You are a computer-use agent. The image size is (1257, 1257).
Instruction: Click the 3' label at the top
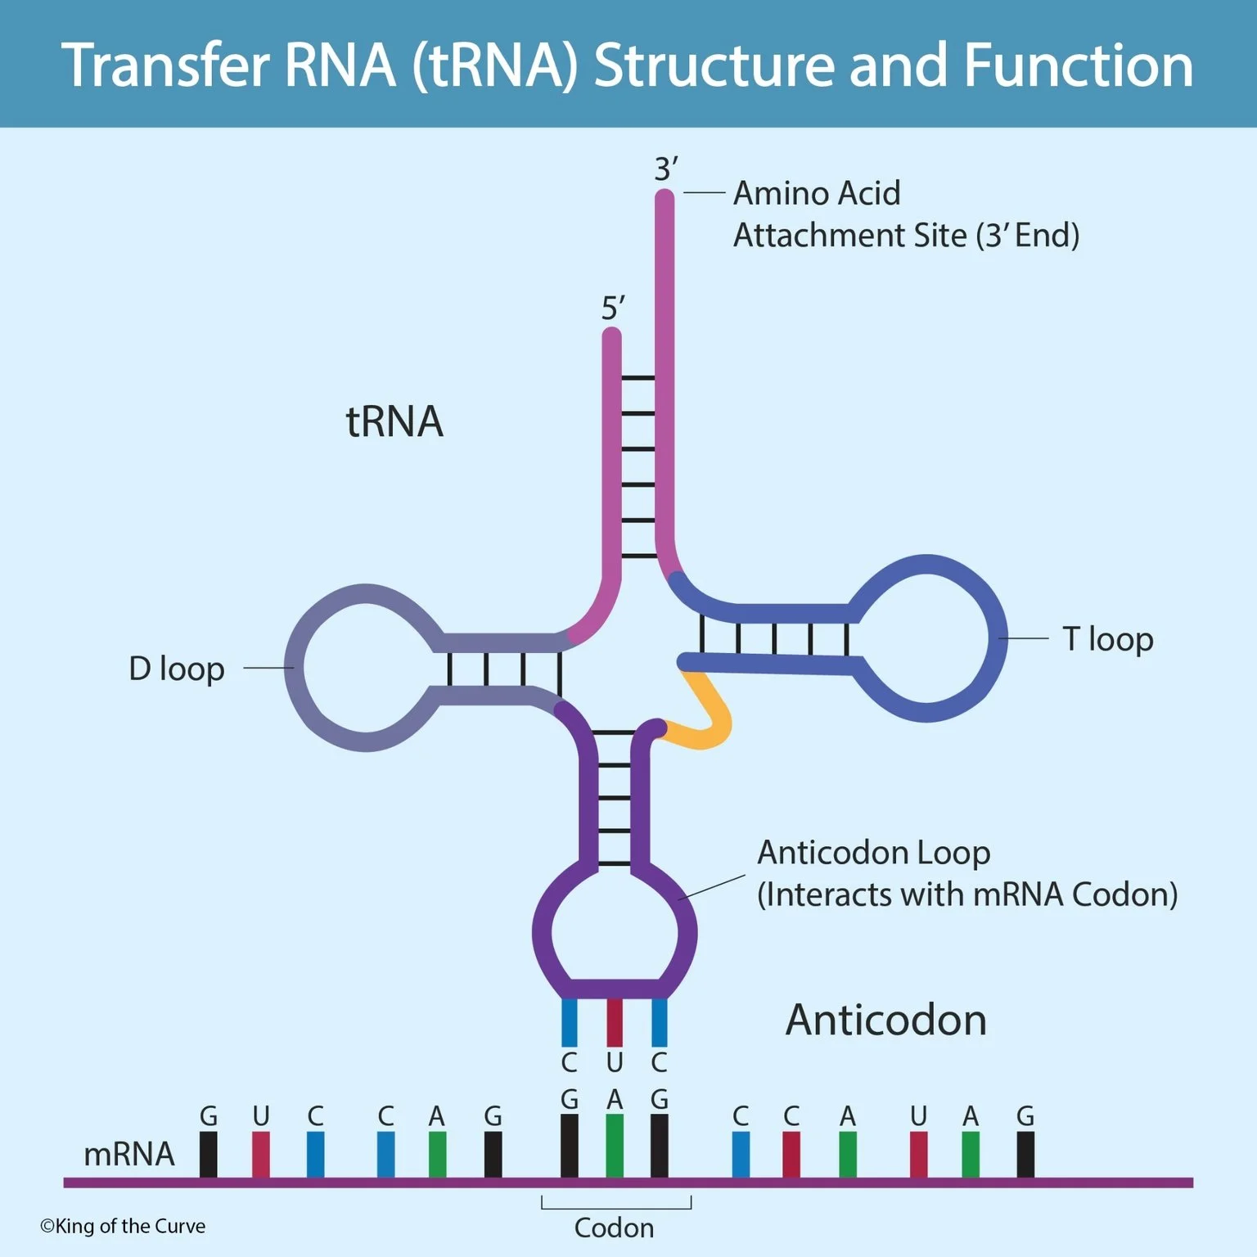665,169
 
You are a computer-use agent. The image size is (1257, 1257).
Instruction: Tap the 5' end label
612,309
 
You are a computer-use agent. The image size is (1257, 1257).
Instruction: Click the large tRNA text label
394,422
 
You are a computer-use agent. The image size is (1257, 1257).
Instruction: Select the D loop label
177,669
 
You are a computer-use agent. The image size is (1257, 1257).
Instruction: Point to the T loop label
1107,639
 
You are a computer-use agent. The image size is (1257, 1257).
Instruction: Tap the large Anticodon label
885,1020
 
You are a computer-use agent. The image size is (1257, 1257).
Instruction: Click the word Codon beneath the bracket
614,1228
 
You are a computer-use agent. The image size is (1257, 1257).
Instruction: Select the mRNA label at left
129,1154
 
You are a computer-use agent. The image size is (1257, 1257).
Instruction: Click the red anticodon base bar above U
614,1023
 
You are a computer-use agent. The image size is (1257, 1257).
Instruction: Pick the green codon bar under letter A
614,1146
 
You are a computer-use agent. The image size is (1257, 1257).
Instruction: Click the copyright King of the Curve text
123,1226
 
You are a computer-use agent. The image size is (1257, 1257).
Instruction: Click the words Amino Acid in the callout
816,194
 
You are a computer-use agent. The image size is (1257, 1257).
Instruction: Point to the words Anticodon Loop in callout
873,853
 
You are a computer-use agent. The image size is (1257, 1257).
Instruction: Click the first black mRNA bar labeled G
209,1154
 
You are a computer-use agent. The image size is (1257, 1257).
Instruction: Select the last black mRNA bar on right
1025,1154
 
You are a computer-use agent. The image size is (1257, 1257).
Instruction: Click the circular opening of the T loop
926,638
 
